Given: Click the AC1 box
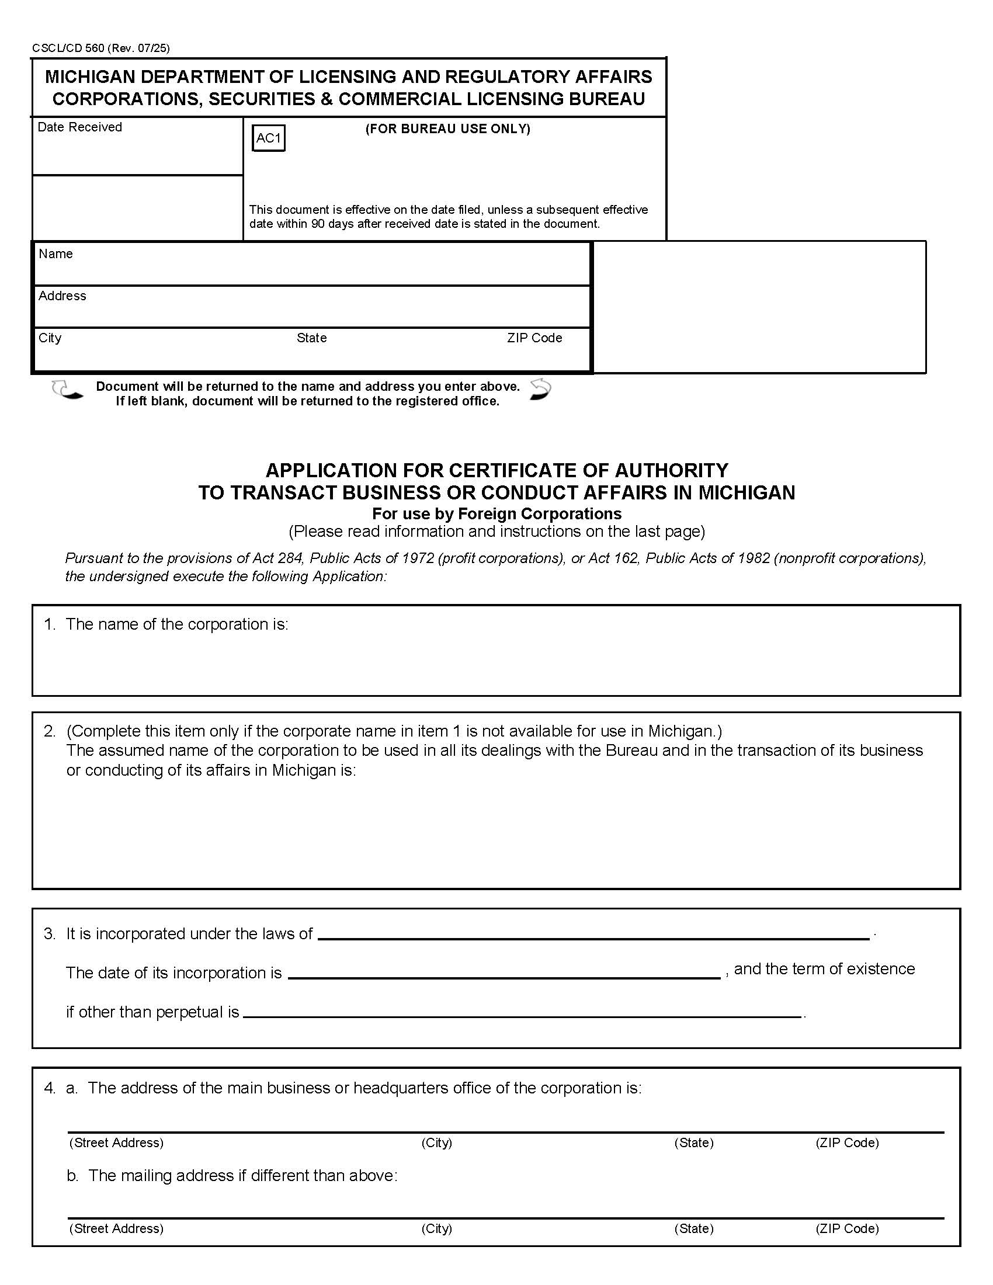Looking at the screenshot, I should pos(268,138).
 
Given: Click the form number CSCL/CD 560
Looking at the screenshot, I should pos(68,48).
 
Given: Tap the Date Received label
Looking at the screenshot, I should pos(79,127).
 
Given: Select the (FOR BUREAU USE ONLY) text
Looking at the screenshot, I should pos(447,129).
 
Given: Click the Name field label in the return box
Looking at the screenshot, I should pos(56,253).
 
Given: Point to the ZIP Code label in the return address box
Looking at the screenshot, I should pos(534,338).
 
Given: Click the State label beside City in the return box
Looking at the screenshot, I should pos(311,338).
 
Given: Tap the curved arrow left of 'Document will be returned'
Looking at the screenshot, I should pos(67,390).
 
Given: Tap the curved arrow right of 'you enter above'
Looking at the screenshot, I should pos(541,390).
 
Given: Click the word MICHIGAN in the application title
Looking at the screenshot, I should pos(747,492).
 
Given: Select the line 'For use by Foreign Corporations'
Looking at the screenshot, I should pos(496,513).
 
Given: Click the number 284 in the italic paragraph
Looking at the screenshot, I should pos(289,558).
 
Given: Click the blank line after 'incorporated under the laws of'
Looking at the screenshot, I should pos(593,937).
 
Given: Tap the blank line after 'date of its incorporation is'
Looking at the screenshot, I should pos(504,975).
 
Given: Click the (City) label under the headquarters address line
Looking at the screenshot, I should pos(436,1142).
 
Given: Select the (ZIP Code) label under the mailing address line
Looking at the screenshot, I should pos(846,1228).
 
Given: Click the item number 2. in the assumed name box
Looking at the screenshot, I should pos(50,731).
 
